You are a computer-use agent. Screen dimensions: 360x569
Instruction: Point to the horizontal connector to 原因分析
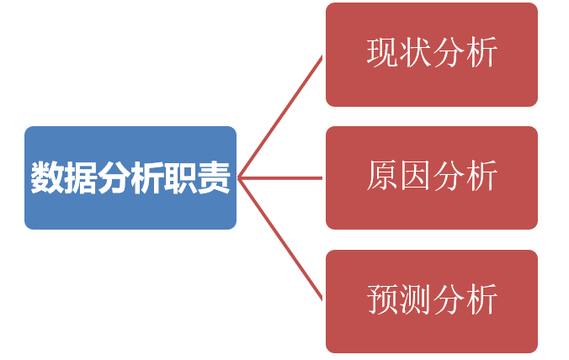(282, 177)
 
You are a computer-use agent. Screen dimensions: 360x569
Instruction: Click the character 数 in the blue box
(47, 177)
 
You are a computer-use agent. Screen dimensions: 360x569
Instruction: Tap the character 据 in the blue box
(80, 177)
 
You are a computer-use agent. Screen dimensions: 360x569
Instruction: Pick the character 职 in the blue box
(179, 177)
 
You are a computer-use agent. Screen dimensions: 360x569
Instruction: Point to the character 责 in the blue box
(213, 177)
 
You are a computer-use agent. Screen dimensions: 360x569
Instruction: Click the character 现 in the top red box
(382, 53)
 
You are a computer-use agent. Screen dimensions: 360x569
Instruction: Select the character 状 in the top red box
(415, 53)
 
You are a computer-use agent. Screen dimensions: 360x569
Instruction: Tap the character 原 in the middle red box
(382, 177)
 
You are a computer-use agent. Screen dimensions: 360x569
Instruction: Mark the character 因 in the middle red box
(415, 177)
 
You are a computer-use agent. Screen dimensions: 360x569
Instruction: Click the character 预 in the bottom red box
(382, 300)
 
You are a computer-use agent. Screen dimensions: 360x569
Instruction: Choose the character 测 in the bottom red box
(415, 300)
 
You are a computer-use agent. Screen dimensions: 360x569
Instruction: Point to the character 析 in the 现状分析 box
(481, 53)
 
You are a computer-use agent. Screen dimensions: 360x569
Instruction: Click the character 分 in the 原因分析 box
(449, 177)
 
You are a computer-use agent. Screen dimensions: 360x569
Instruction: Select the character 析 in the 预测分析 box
(481, 300)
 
